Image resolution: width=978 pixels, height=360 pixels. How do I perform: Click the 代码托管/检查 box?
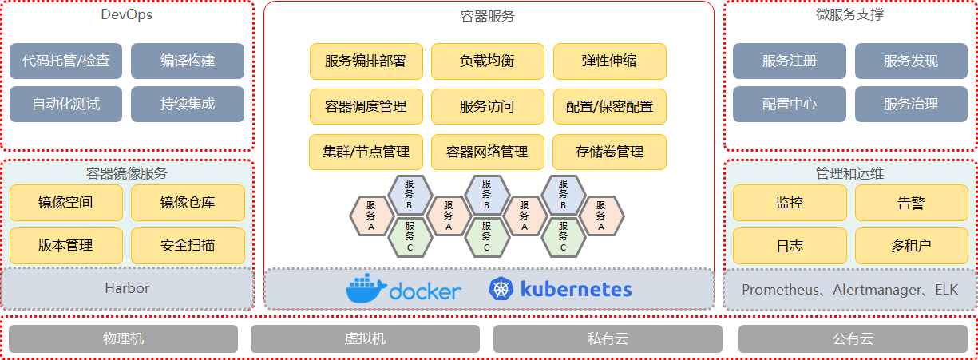click(66, 61)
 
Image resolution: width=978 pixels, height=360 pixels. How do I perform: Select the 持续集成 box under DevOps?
click(188, 104)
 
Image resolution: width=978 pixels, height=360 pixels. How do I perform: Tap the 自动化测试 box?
click(66, 104)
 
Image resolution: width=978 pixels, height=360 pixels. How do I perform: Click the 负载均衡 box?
click(487, 61)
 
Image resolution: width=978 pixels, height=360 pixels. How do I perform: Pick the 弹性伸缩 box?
click(609, 61)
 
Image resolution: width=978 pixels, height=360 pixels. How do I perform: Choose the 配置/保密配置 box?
click(609, 106)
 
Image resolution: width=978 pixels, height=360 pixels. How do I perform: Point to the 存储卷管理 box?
click(609, 152)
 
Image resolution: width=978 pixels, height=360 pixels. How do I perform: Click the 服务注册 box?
click(789, 61)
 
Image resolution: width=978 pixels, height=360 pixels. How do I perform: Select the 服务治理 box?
click(911, 104)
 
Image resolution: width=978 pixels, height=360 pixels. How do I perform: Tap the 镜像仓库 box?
click(188, 203)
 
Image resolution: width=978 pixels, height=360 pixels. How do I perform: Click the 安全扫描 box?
click(188, 246)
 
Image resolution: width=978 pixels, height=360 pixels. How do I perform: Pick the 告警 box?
click(911, 203)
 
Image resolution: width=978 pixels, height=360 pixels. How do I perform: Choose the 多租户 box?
click(911, 246)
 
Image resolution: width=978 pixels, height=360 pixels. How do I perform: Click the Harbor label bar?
click(127, 288)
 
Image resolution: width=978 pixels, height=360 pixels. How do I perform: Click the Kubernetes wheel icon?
click(501, 289)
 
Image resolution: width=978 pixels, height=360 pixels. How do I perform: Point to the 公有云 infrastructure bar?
click(853, 338)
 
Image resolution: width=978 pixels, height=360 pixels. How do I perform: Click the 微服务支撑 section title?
click(849, 14)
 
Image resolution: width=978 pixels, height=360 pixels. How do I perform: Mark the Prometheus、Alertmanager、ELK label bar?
click(849, 289)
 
